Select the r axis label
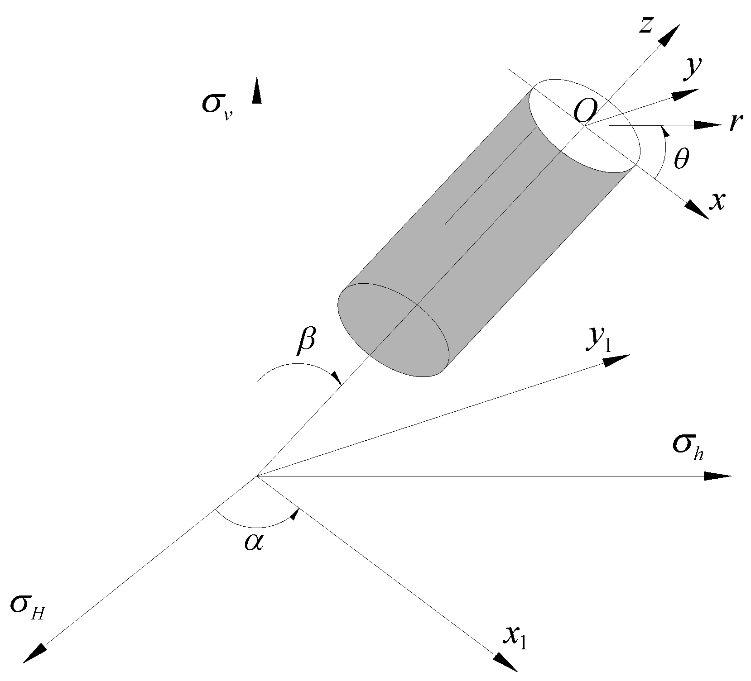pyautogui.click(x=735, y=123)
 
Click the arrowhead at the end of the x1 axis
pyautogui.click(x=505, y=662)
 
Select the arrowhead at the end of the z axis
pyautogui.click(x=669, y=36)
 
